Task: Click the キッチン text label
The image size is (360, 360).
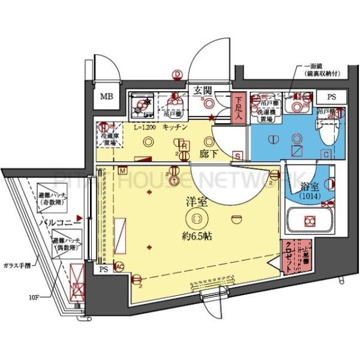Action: pos(176,127)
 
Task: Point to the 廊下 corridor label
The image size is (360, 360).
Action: pos(208,154)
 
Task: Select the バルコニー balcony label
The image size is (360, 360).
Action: pos(56,223)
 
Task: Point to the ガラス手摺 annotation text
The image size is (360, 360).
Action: pos(17,264)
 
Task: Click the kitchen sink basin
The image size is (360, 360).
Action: pos(144,107)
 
